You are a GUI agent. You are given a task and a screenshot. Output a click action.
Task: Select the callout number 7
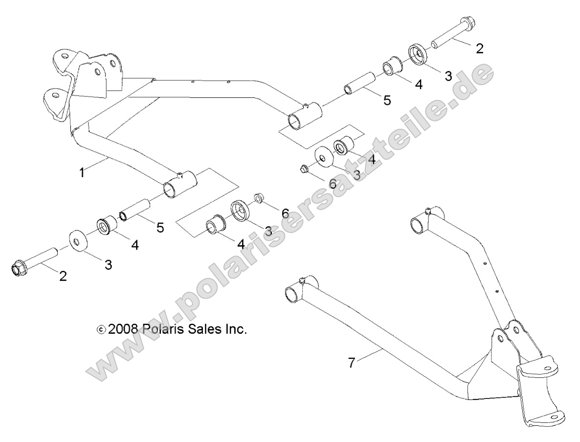[x=351, y=363]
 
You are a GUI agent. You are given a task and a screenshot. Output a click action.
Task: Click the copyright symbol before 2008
[x=101, y=330]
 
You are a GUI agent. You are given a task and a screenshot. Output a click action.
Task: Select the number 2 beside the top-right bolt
[x=479, y=48]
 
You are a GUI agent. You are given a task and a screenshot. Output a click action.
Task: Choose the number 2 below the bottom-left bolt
[x=63, y=276]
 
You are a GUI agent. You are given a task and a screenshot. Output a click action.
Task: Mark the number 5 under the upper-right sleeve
[x=387, y=101]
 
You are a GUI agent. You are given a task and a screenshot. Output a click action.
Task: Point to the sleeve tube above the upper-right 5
[x=361, y=82]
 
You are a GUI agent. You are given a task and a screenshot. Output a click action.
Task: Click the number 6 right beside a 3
[x=333, y=184]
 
